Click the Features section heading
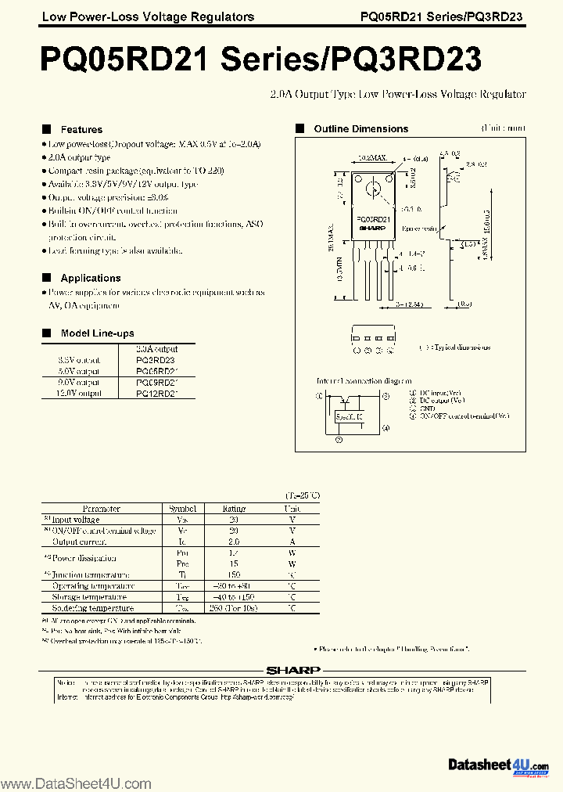[81, 129]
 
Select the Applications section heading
[91, 278]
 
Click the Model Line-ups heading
[97, 333]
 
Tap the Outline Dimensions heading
[360, 128]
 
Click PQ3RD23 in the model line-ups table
[156, 360]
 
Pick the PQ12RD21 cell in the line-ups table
[156, 394]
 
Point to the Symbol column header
[182, 508]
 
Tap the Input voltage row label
[76, 519]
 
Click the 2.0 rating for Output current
[234, 541]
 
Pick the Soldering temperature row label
[93, 607]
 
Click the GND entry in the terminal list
[427, 408]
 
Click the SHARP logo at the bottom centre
[293, 670]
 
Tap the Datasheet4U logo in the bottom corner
[498, 765]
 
